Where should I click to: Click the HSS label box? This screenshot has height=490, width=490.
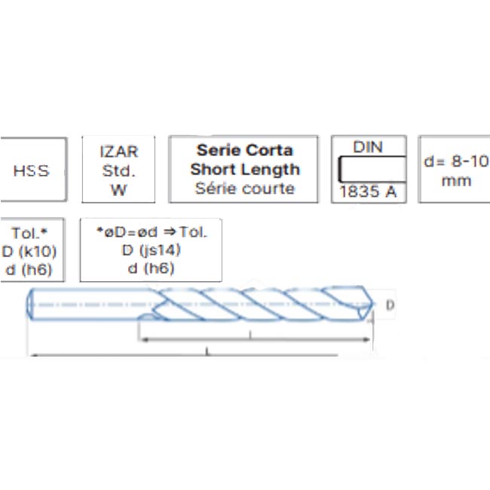(x=33, y=170)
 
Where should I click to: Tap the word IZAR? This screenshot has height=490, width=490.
(x=119, y=152)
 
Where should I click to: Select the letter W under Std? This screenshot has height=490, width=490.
(x=118, y=190)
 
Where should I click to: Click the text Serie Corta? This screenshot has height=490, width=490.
(x=245, y=150)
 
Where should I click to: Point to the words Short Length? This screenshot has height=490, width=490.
(x=245, y=170)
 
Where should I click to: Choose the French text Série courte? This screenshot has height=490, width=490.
(x=245, y=188)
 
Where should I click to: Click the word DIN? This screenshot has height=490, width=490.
(x=368, y=147)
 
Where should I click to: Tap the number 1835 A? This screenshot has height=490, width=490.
(x=368, y=191)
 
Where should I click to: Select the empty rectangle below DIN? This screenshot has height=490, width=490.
(x=372, y=169)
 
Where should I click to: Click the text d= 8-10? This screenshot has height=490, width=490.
(x=456, y=161)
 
